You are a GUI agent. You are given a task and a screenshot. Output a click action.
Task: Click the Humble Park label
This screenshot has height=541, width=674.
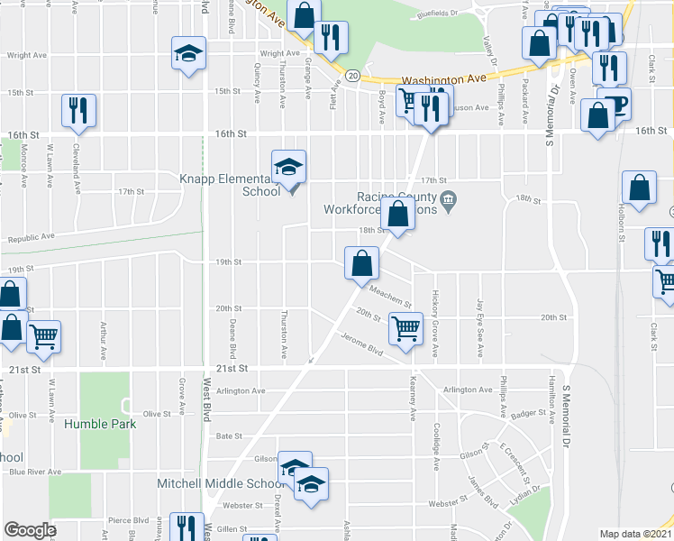pos(99,424)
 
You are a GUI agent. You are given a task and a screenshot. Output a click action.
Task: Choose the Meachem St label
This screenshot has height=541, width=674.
pos(391,296)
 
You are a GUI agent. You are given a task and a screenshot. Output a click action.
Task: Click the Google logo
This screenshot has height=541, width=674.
pos(30,530)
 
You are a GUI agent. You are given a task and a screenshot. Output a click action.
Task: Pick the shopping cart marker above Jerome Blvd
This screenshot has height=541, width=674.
pos(405,327)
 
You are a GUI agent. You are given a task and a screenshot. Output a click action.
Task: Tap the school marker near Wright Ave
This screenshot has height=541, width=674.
pos(189,53)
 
